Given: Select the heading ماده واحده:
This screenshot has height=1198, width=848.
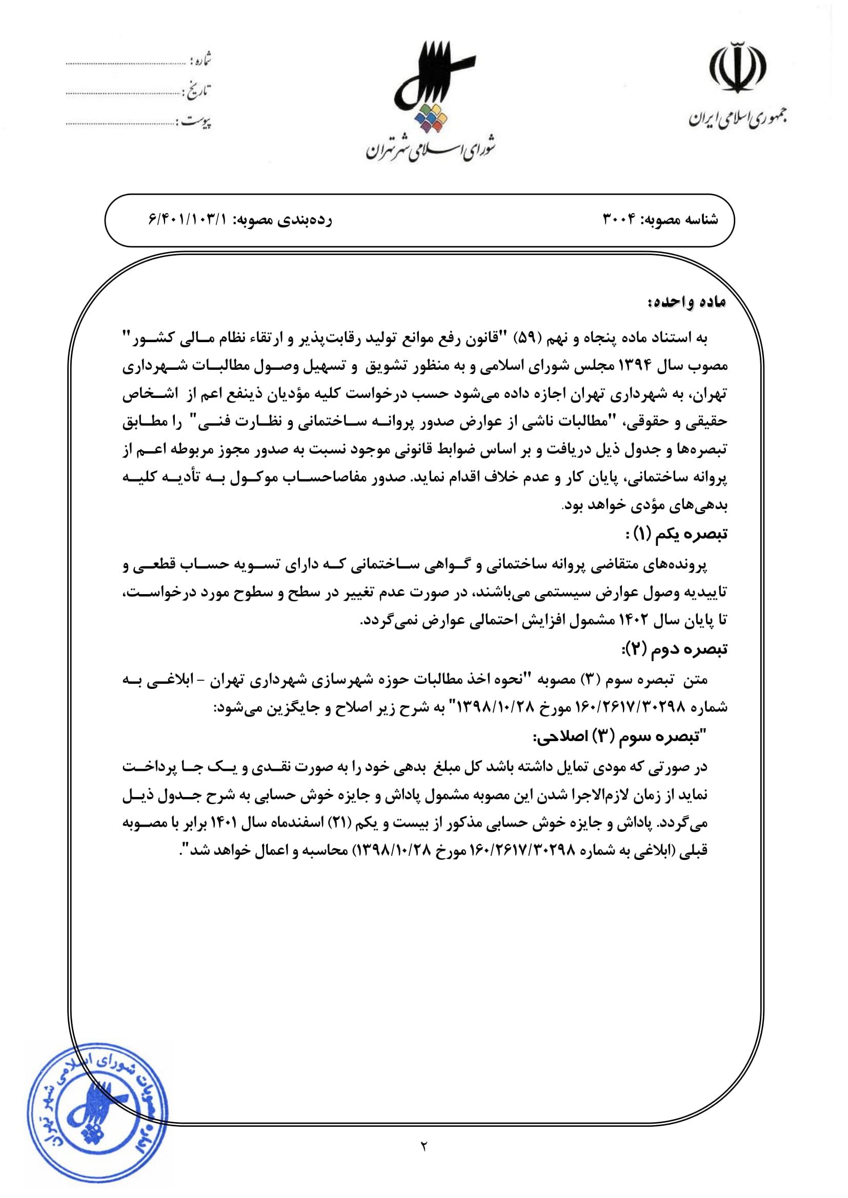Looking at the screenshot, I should (x=687, y=302).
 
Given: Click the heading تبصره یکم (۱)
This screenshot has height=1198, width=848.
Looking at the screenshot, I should (x=677, y=534).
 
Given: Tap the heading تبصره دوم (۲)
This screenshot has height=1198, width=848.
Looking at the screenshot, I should (x=674, y=649).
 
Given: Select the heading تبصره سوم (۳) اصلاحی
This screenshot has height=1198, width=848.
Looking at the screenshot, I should (x=620, y=737).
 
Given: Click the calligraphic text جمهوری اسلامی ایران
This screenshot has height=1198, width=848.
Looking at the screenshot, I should (x=737, y=118).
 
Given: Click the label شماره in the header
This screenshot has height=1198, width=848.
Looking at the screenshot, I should (x=200, y=59).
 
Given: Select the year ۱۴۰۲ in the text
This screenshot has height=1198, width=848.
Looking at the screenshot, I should (x=633, y=620).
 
